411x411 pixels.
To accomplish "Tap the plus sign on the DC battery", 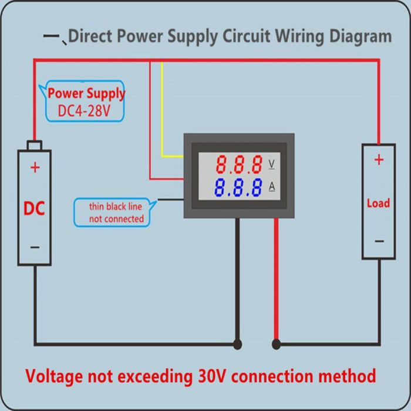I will (x=35, y=168).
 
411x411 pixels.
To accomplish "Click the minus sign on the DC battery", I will (x=35, y=247).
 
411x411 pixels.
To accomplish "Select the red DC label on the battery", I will (x=34, y=208).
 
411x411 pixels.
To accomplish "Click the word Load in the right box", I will (x=378, y=203).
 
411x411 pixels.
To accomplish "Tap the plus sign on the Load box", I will (x=379, y=160).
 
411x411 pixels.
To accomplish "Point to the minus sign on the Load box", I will (x=379, y=241).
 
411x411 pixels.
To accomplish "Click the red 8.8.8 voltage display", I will (x=238, y=163).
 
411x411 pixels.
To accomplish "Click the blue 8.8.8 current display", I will (x=238, y=188).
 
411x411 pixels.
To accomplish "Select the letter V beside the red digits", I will (x=272, y=163).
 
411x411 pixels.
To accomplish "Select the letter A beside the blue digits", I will (x=272, y=187).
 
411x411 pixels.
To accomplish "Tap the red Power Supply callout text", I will (x=86, y=93).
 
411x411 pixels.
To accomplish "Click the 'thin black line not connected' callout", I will (x=116, y=213).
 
